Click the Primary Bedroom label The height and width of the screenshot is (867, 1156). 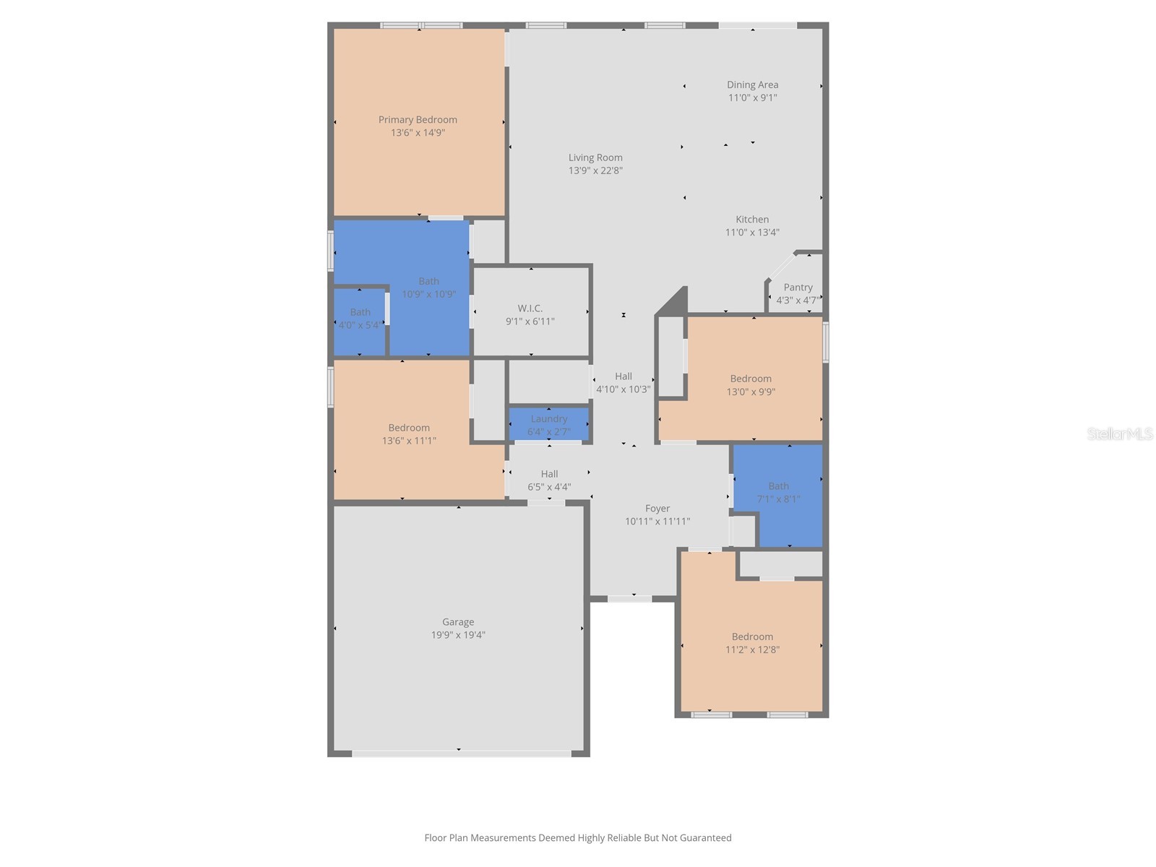[x=418, y=120]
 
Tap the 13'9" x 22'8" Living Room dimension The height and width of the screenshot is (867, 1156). [x=595, y=171]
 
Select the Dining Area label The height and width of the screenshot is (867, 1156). [x=752, y=85]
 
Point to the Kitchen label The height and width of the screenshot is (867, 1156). [x=752, y=219]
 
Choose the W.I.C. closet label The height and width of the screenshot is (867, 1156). [x=530, y=309]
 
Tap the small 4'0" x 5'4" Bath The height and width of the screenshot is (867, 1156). [x=360, y=319]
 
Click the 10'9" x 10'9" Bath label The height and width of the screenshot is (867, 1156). [x=428, y=281]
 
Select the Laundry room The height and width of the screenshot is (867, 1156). [x=548, y=425]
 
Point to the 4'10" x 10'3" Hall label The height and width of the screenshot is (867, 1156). [x=623, y=376]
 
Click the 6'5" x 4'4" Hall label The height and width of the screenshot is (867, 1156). [x=549, y=474]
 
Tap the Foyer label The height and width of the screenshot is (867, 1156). [x=657, y=509]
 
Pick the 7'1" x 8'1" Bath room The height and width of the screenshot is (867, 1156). [x=778, y=493]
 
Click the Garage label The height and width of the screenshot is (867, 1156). [x=458, y=622]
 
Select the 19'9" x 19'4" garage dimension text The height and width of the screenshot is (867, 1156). [x=458, y=635]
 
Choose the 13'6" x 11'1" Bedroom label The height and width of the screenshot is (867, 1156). [x=409, y=428]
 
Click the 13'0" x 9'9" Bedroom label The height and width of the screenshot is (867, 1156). [x=751, y=379]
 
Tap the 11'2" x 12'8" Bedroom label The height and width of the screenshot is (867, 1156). [x=752, y=637]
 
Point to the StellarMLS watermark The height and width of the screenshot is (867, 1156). [x=1119, y=433]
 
